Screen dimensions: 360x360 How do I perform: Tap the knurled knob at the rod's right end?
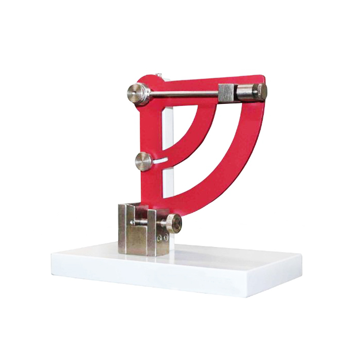(x=260, y=91)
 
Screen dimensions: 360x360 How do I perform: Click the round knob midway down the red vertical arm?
(x=144, y=162)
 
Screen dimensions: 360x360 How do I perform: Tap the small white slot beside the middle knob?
(x=161, y=159)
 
